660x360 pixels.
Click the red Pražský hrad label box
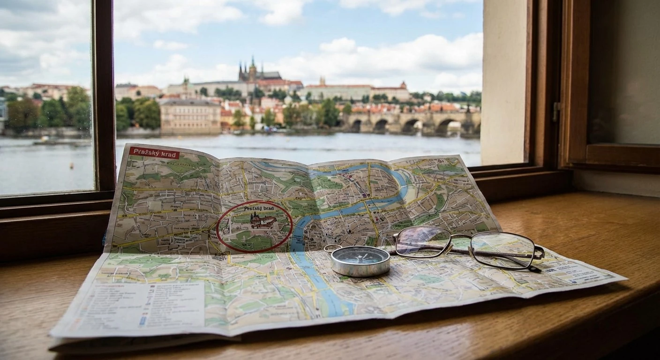pyautogui.click(x=154, y=153)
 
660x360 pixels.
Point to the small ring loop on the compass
pyautogui.click(x=332, y=248)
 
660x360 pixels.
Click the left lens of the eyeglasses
pyautogui.click(x=422, y=242)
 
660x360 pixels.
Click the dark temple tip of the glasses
pyautogui.click(x=534, y=269)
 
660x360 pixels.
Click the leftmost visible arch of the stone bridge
pyautogui.click(x=356, y=126)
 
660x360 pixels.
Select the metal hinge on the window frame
pyautogui.click(x=556, y=112)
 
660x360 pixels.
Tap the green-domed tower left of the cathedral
pyautogui.click(x=186, y=84)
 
